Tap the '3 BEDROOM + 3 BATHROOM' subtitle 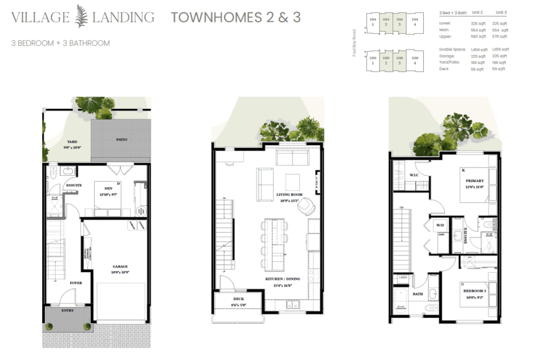(60, 43)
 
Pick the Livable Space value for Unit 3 (499, 49)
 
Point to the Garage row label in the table (447, 56)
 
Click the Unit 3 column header (501, 12)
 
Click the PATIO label (121, 139)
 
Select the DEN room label (109, 189)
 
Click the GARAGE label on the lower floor (120, 266)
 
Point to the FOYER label (76, 283)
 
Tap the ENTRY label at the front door (67, 311)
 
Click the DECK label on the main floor (239, 299)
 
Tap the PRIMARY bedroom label (475, 181)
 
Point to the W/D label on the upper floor (440, 226)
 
